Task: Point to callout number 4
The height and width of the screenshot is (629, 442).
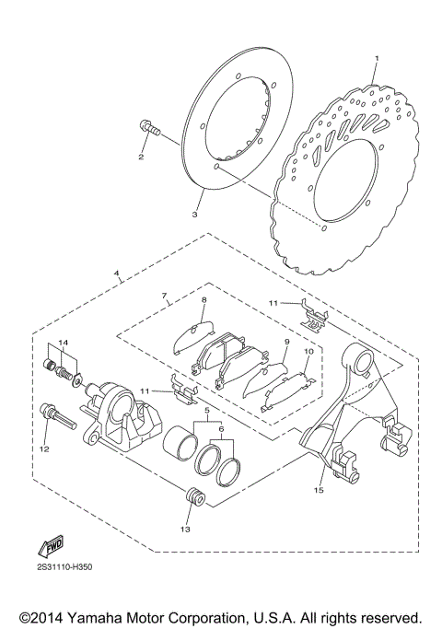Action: tap(116, 274)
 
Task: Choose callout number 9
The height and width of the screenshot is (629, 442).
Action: tap(286, 342)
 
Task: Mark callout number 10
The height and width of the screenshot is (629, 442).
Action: tap(309, 352)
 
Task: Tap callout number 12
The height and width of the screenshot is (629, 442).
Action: tap(42, 449)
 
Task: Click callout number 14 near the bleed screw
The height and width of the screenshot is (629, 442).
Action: tap(63, 344)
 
